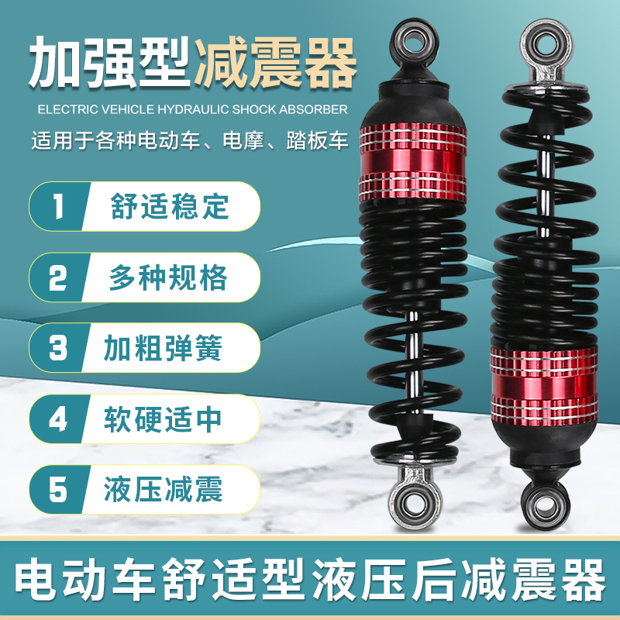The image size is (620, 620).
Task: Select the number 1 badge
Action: tap(58, 208)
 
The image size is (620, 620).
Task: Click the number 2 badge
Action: tap(58, 277)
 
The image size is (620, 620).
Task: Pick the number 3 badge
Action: tap(58, 348)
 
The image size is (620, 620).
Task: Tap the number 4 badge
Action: tap(58, 418)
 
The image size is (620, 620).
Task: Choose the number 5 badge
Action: tap(58, 490)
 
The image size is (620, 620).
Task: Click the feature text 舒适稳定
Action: tap(170, 208)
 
